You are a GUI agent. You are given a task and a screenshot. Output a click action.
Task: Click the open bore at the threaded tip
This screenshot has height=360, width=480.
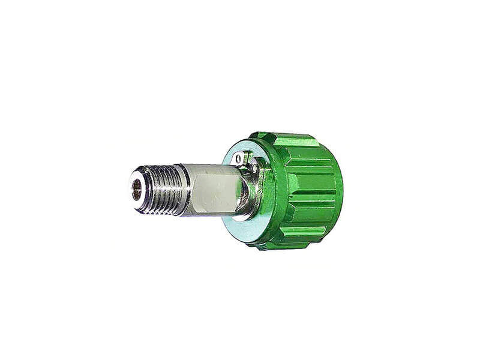click(x=137, y=190)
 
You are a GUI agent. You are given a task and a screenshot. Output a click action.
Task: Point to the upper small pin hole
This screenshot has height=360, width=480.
click(x=239, y=158)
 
